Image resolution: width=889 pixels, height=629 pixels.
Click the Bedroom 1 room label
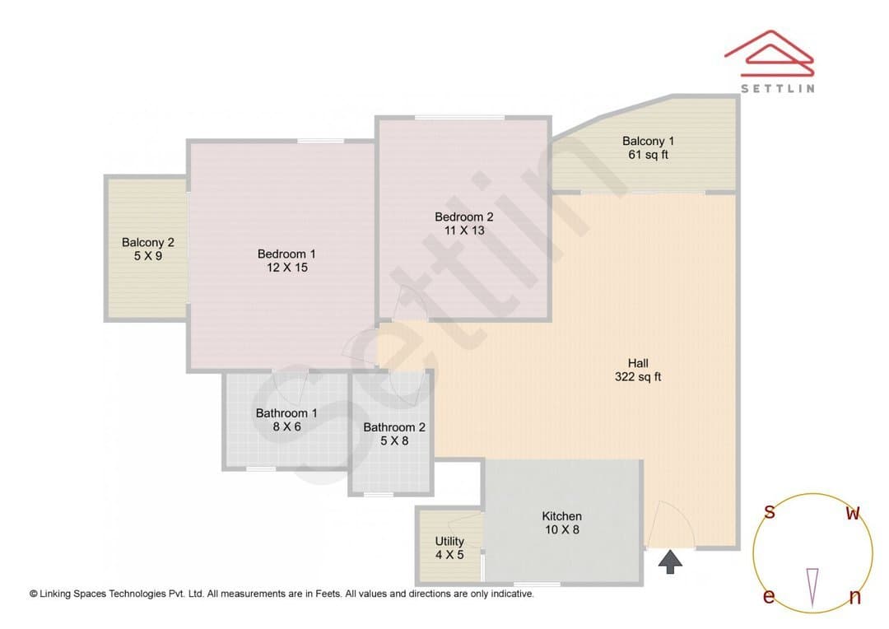click(286, 254)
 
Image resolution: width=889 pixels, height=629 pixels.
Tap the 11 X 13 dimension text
click(464, 231)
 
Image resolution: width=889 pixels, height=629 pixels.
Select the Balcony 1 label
click(648, 141)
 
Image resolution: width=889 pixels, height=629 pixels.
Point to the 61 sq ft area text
click(648, 154)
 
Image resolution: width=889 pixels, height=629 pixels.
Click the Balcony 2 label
click(148, 242)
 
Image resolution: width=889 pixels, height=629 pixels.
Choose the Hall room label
click(638, 363)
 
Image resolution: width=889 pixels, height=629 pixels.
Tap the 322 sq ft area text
click(638, 376)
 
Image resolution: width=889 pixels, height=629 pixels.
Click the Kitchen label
click(562, 516)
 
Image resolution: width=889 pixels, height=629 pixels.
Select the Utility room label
click(449, 542)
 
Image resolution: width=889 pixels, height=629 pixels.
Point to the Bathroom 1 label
click(286, 413)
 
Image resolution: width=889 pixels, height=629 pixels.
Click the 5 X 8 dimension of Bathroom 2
click(394, 440)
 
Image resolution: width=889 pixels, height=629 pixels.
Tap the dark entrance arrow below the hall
click(670, 561)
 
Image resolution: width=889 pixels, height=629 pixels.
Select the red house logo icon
click(770, 54)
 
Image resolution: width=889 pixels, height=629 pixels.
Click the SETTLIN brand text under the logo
click(778, 88)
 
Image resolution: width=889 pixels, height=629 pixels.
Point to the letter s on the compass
click(770, 511)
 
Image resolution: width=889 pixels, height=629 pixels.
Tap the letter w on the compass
click(853, 513)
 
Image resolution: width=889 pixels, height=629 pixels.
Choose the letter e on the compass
click(769, 596)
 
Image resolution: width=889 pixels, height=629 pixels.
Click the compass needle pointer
click(812, 587)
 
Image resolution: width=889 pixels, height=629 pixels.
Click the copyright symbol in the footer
click(34, 594)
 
